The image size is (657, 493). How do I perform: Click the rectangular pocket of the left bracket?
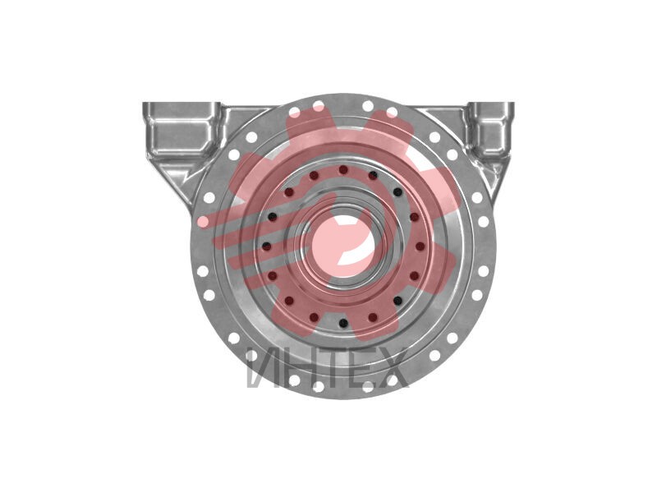(181, 131)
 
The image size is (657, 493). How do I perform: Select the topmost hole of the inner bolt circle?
(343, 170)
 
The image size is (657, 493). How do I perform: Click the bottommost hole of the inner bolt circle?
(343, 323)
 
